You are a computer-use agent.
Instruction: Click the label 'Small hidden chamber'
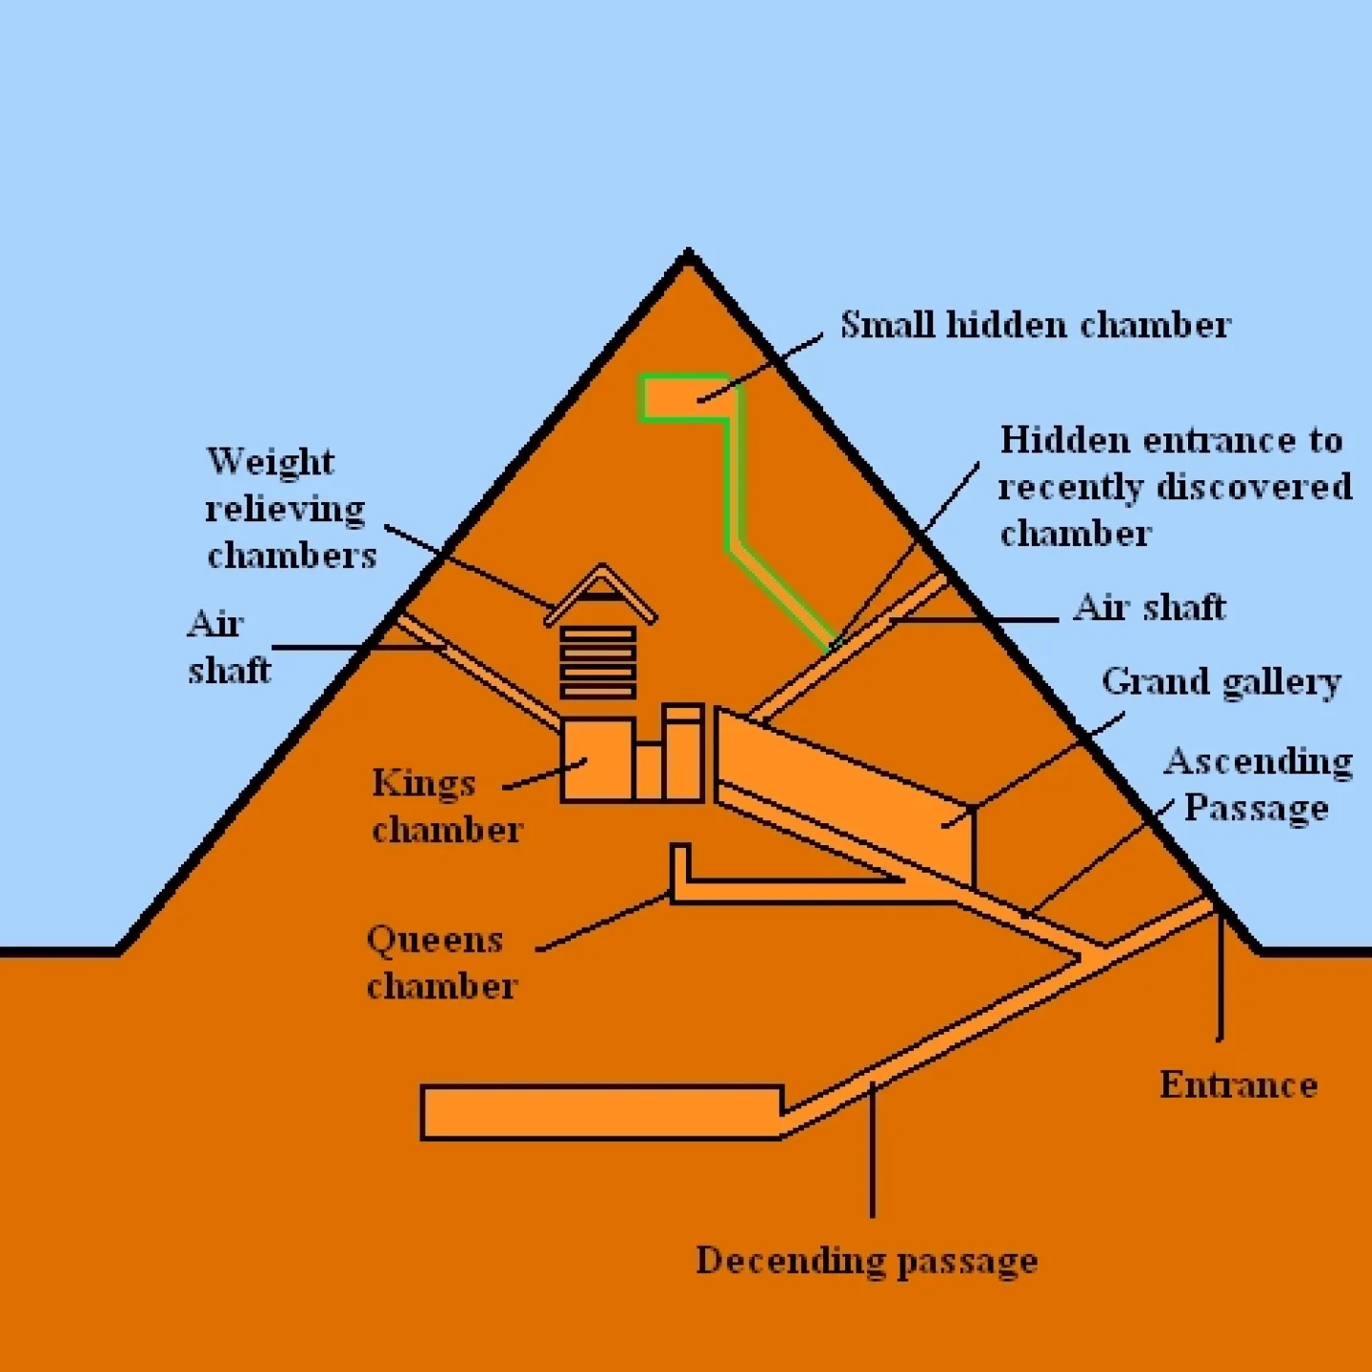click(x=1035, y=326)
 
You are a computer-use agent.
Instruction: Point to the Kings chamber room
click(x=597, y=760)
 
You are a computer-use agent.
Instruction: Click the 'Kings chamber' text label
click(x=446, y=806)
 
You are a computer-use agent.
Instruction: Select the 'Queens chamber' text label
click(x=441, y=962)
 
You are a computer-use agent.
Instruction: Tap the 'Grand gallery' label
click(x=1221, y=682)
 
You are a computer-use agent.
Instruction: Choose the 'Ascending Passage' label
click(x=1257, y=784)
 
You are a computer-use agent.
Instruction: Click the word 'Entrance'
click(x=1238, y=1085)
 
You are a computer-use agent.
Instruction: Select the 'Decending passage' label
click(x=866, y=1261)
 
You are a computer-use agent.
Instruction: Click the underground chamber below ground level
click(x=600, y=1112)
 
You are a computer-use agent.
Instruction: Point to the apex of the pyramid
click(x=688, y=255)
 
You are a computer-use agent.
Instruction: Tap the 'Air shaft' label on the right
click(x=1149, y=607)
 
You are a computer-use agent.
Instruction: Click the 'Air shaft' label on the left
click(x=229, y=647)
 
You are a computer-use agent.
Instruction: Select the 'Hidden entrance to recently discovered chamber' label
click(x=1173, y=487)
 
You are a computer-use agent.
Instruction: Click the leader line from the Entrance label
click(x=1220, y=981)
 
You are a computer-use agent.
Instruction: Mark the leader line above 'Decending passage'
click(x=872, y=1153)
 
